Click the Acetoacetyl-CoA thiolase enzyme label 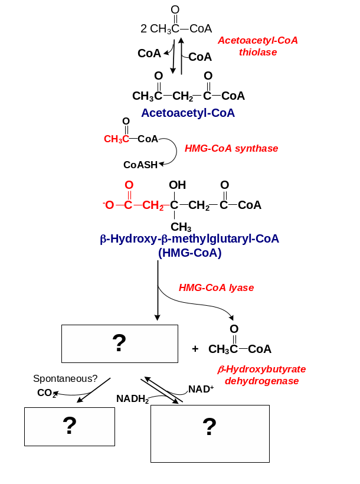258,46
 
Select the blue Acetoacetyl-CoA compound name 188,113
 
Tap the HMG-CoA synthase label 231,149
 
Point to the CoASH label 140,165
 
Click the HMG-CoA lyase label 216,288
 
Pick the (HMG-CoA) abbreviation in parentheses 189,253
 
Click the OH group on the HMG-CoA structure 177,185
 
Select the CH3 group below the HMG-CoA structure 181,227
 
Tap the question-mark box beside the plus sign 120,344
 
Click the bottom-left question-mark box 70,426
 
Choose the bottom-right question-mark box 210,433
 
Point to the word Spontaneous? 65,378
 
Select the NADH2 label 132,398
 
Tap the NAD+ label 201,389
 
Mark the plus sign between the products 195,349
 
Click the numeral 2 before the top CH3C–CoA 144,28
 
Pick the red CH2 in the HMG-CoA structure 153,205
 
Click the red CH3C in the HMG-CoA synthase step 116,139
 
